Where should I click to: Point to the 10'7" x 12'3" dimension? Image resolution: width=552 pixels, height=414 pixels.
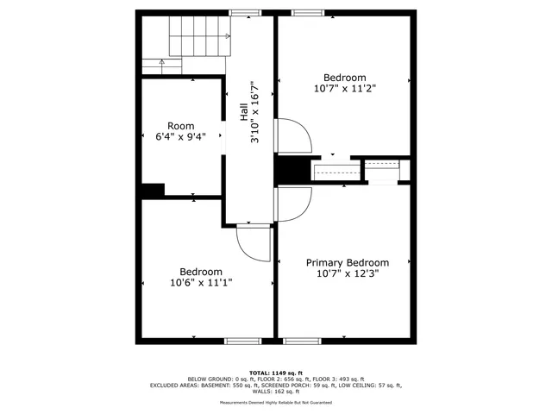tap(348, 274)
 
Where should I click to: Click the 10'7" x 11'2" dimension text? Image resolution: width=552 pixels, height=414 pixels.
tap(344, 87)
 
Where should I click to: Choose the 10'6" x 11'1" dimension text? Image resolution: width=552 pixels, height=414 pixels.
tap(201, 282)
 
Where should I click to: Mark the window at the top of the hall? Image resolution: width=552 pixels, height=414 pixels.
tap(244, 12)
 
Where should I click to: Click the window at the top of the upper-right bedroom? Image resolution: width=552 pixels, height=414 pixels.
tap(306, 12)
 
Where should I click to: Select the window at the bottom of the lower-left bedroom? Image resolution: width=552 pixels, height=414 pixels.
tap(242, 341)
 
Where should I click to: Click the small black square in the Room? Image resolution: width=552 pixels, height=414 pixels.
tap(153, 191)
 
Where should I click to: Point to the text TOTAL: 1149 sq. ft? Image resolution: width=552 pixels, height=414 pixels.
tap(275, 372)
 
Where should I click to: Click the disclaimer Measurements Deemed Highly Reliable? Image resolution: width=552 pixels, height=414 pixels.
tap(275, 402)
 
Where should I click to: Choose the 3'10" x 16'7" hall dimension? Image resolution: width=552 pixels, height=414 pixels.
tap(255, 112)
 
